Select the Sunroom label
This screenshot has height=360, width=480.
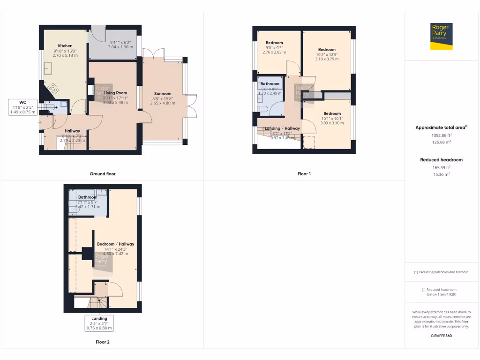coord(163,93)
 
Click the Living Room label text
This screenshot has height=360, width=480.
coord(115,93)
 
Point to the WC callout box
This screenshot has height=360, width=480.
coord(22,107)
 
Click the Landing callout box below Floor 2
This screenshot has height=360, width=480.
coord(99,323)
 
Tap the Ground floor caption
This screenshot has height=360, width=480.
coord(103,174)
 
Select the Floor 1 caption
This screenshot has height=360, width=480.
coord(304,174)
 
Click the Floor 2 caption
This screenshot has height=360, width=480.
coord(103,342)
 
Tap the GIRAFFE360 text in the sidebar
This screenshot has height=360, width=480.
coord(441,336)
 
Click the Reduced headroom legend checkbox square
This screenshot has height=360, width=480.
coord(424,290)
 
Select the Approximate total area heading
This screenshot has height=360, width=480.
coord(441,127)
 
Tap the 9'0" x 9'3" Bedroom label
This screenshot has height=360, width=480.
coord(274,43)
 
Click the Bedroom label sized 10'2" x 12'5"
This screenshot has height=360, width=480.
coord(327,50)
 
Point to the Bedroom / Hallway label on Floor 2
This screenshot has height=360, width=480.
coord(115,244)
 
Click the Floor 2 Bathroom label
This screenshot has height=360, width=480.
coord(88,197)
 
